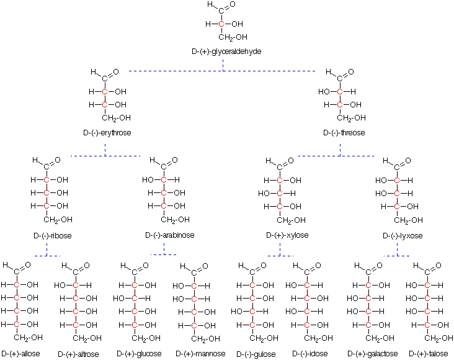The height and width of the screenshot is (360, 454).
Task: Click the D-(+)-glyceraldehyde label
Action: pos(226,52)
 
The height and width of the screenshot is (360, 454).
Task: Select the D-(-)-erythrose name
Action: pos(107,133)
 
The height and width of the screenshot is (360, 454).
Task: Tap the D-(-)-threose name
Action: pos(344,133)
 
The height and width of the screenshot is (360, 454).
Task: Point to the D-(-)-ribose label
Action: pos(52,236)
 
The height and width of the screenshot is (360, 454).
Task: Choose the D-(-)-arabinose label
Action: pos(170,235)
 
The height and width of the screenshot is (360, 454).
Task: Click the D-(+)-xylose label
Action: pos(287,235)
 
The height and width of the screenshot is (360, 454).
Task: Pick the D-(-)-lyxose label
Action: pos(403,236)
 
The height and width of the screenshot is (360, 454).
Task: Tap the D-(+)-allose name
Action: pos(20,354)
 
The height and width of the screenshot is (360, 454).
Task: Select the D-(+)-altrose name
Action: pos(78,354)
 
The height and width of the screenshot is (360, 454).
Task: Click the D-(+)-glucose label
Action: pos(139,354)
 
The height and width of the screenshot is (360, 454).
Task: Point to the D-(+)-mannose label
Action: pos(200,354)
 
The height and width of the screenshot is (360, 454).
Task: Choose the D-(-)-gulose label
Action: pos(256,354)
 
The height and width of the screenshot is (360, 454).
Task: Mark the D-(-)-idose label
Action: pos(310,354)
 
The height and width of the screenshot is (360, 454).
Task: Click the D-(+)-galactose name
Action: pos(372,354)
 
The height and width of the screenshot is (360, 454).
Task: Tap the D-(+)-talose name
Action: pos(428,354)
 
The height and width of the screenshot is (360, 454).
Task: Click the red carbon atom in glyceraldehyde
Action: pos(221,24)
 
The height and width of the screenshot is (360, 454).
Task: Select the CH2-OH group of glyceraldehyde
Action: pos(233,37)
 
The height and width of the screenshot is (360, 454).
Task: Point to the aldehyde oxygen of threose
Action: pos(351,71)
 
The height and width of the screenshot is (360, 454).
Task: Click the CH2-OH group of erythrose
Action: pos(116,118)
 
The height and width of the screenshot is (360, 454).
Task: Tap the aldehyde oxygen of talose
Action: pos(438,265)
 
